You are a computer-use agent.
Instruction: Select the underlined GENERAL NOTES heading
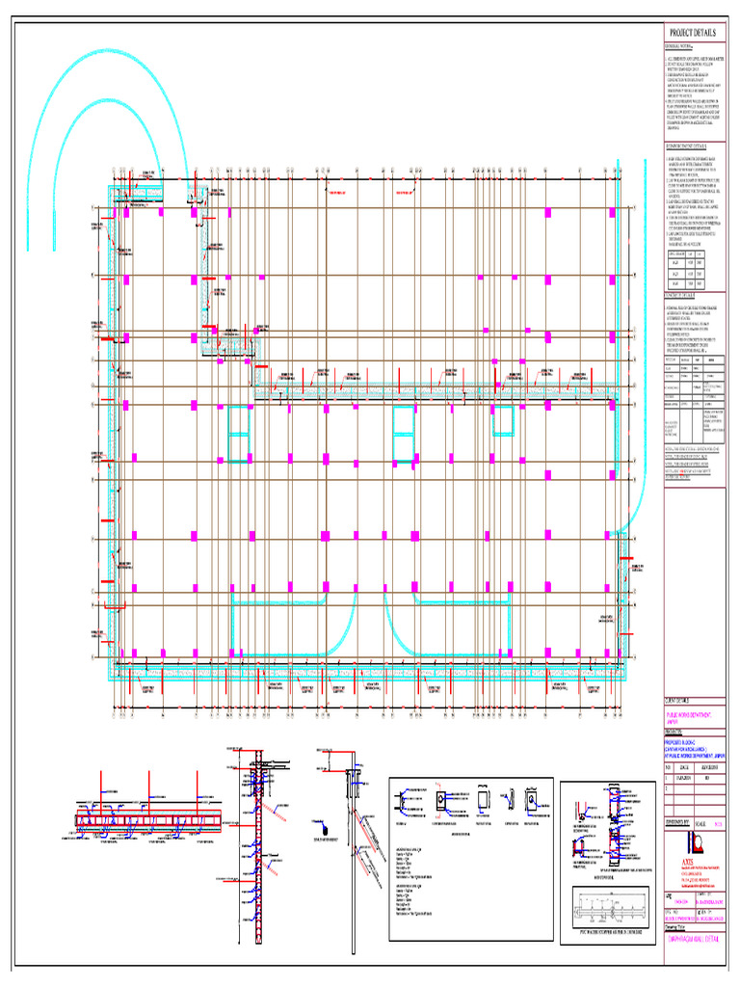tap(678, 45)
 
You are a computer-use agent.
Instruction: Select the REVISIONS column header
tap(713, 767)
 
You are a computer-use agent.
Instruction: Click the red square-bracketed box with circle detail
tap(438, 800)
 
